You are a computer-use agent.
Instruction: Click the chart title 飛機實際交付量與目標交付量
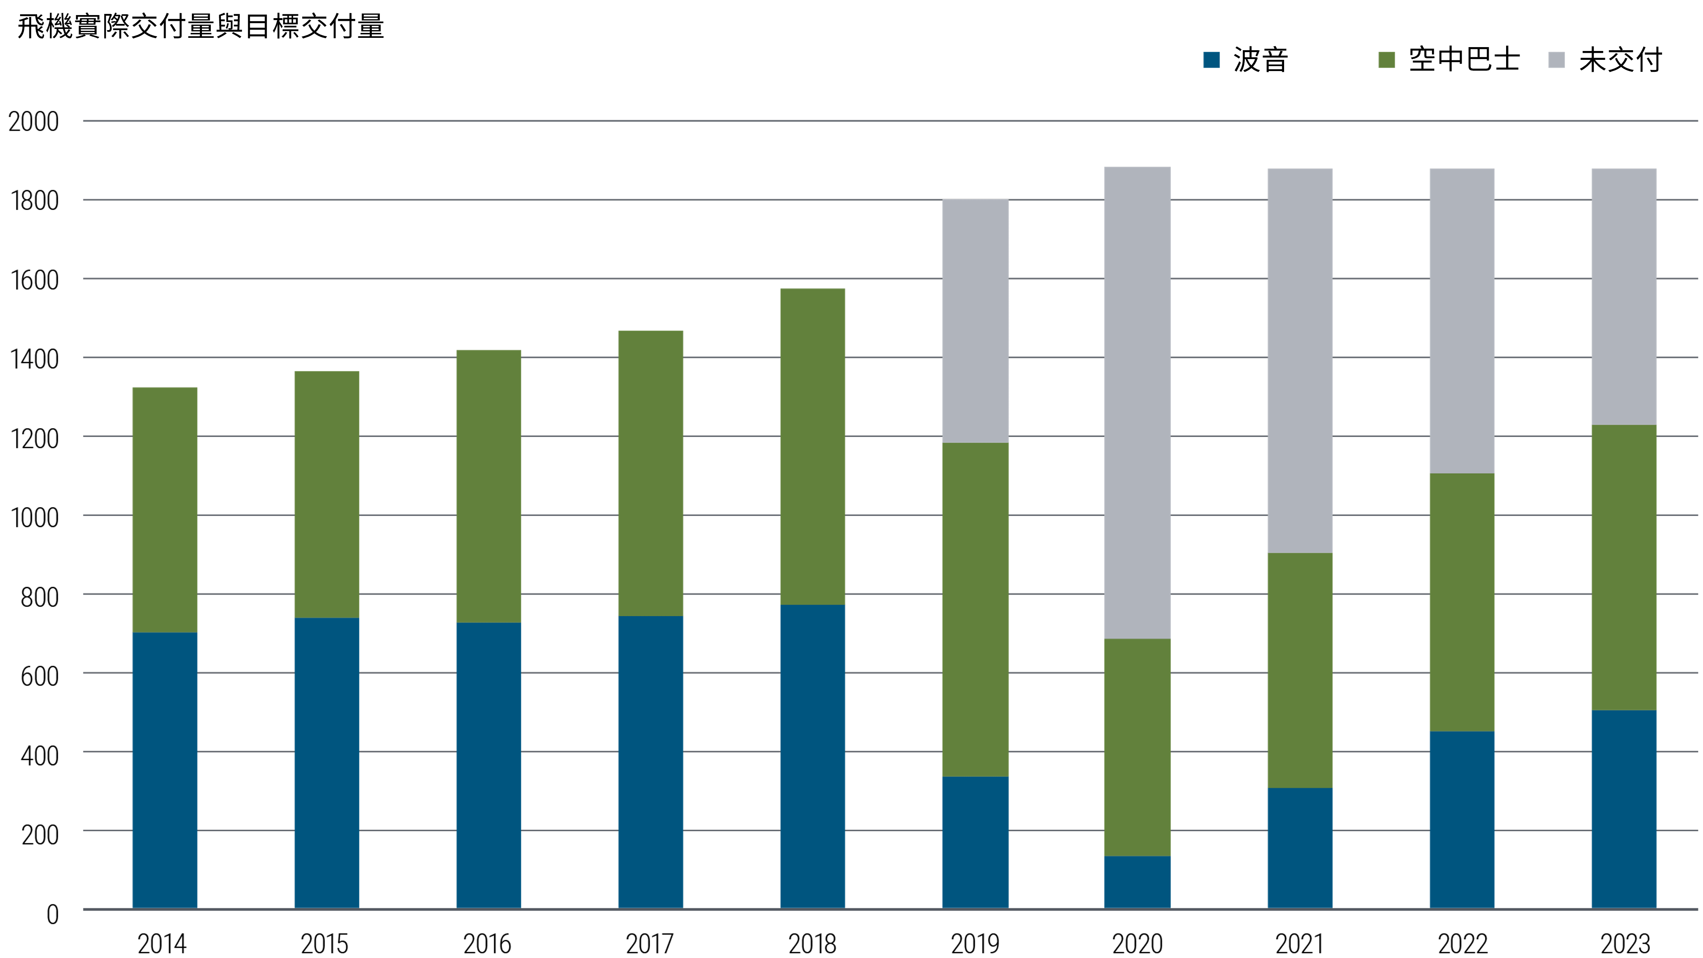click(200, 26)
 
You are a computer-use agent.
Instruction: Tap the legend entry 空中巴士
click(1464, 59)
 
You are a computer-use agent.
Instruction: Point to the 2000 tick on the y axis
click(33, 122)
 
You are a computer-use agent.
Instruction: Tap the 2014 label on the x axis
click(162, 943)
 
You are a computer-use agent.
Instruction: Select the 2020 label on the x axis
click(1137, 943)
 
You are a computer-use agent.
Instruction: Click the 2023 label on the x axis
click(1624, 943)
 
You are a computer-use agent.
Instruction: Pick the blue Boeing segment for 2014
click(164, 770)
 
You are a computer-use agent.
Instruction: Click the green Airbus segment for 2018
click(812, 446)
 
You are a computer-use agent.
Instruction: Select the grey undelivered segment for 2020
click(1137, 403)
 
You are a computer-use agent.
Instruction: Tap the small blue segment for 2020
click(1137, 882)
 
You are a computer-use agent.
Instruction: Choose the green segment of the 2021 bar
click(1300, 670)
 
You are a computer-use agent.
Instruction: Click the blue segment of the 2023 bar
click(1624, 809)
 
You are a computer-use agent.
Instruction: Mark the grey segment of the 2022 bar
click(1462, 320)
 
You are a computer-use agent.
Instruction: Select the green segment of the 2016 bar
click(488, 486)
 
